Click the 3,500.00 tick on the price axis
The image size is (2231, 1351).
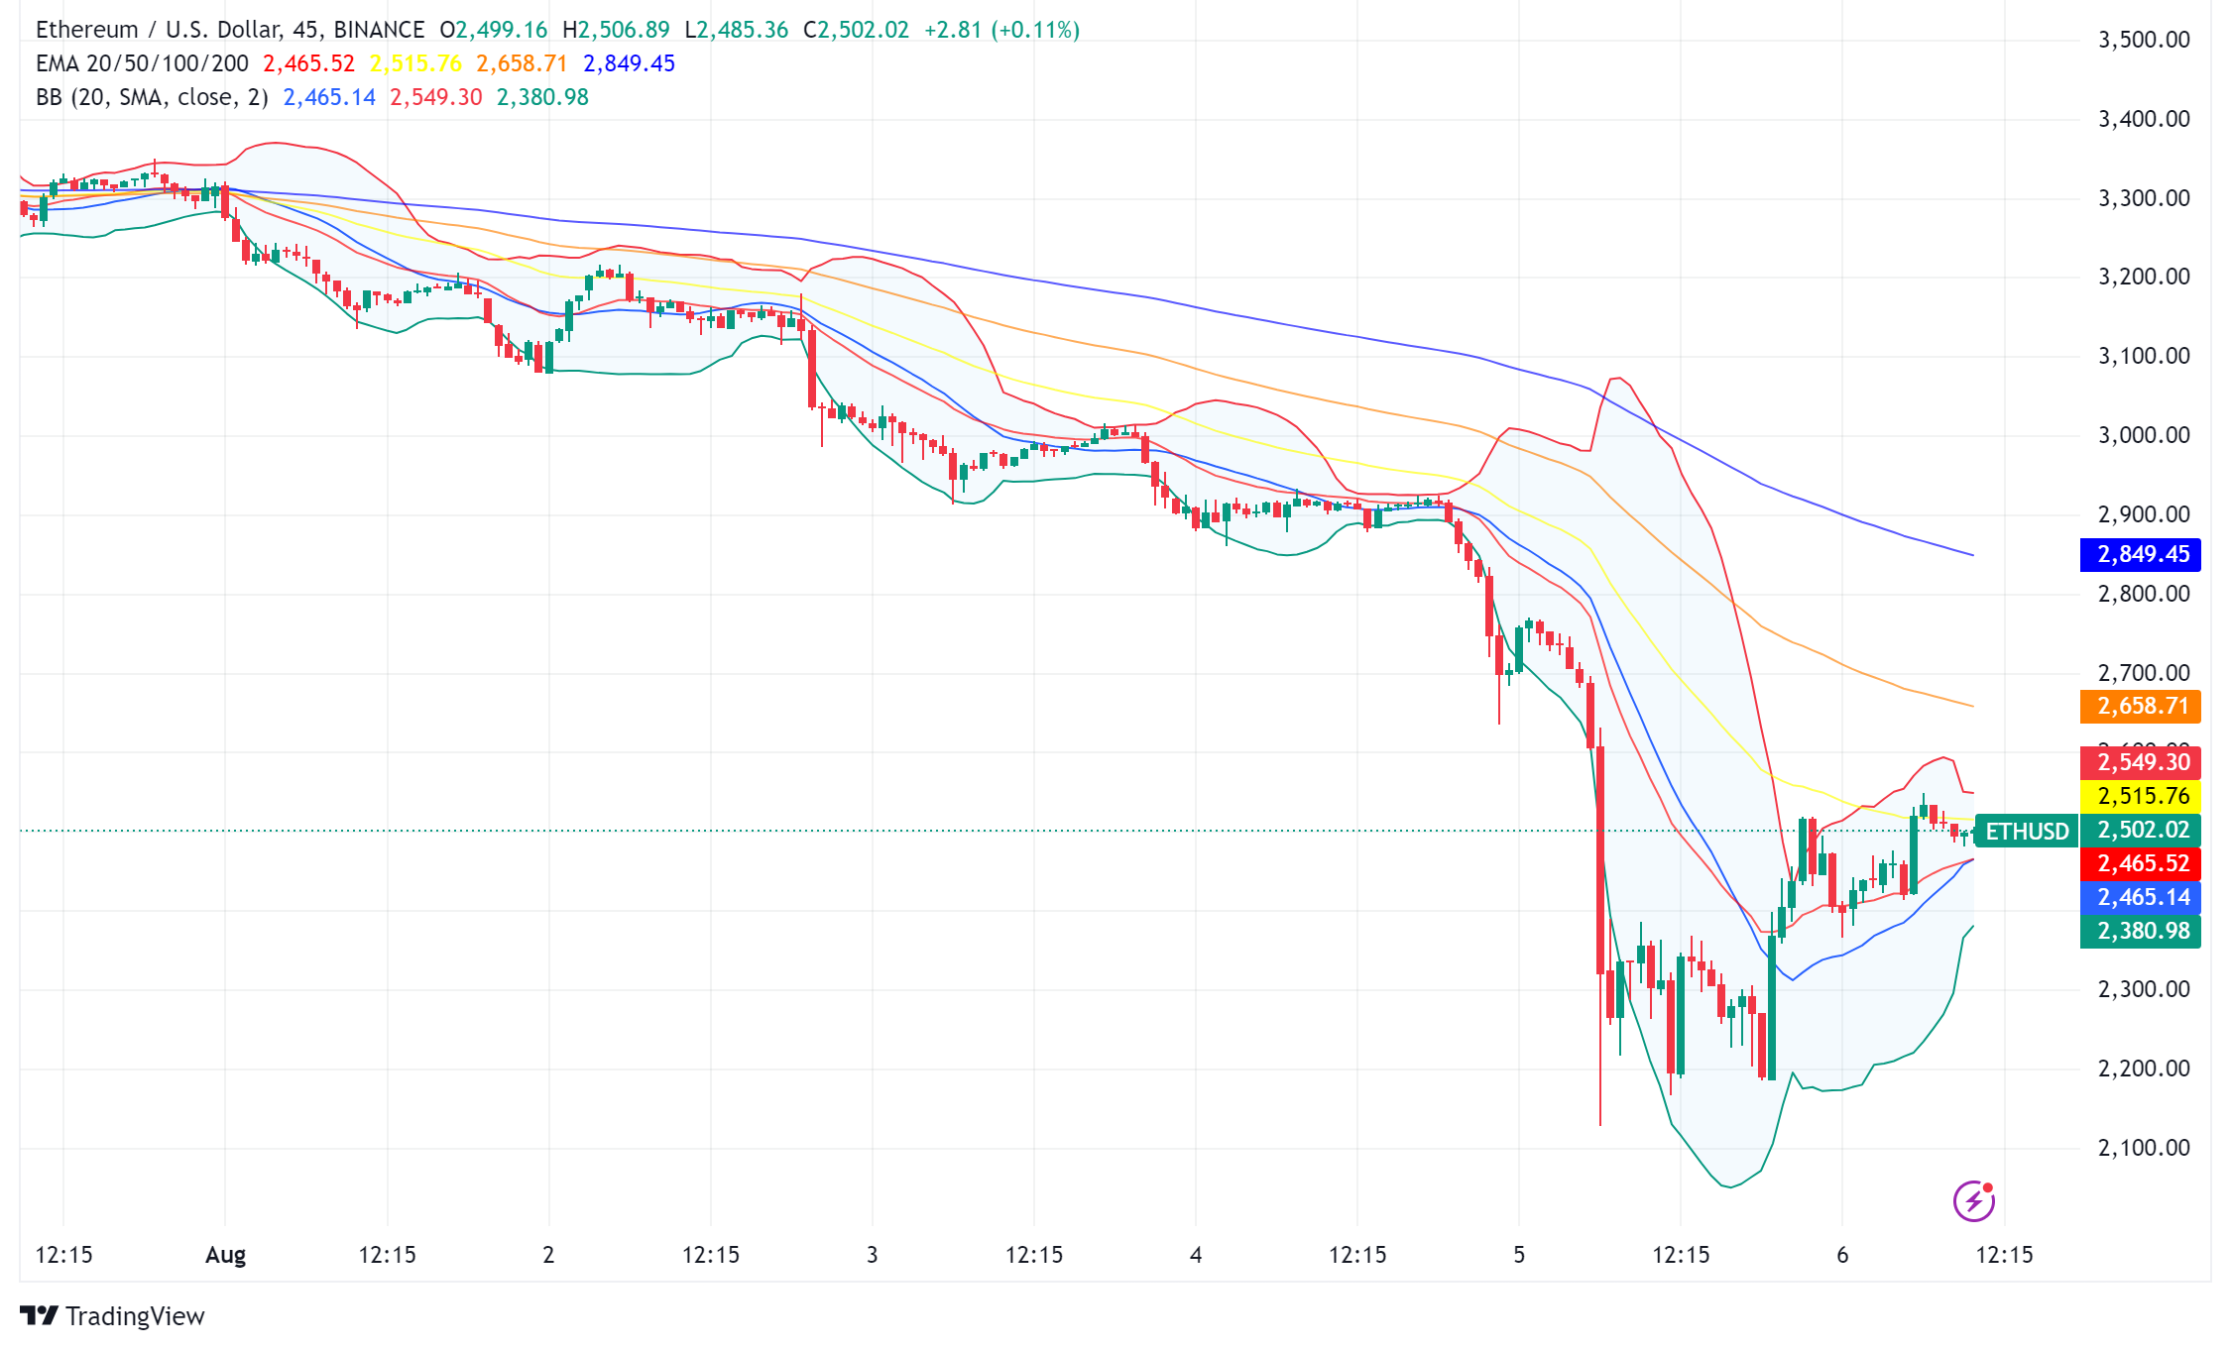point(2144,40)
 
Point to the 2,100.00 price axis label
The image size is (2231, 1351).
point(2144,1148)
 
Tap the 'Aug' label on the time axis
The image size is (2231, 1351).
point(225,1255)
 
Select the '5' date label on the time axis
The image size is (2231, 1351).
point(1519,1255)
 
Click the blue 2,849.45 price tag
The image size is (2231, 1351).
point(2141,554)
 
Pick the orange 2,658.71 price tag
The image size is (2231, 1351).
point(2141,706)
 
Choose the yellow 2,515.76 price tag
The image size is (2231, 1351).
point(2141,796)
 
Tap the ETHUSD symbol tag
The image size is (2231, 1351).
point(2027,831)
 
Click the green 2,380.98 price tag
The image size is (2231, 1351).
point(2141,931)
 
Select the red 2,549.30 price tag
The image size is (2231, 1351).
point(2141,762)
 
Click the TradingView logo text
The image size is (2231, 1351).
point(135,1316)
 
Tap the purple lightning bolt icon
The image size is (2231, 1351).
point(1973,1201)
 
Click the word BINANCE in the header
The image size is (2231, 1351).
point(379,30)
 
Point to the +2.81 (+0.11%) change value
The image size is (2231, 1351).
point(1001,30)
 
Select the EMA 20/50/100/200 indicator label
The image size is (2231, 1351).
point(142,63)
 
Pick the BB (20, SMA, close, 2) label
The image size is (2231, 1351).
point(152,97)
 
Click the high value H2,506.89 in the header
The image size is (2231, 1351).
point(616,30)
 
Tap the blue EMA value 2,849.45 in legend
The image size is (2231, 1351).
point(629,63)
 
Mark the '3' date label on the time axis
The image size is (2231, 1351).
point(873,1255)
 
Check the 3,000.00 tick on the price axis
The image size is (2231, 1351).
point(2144,435)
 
